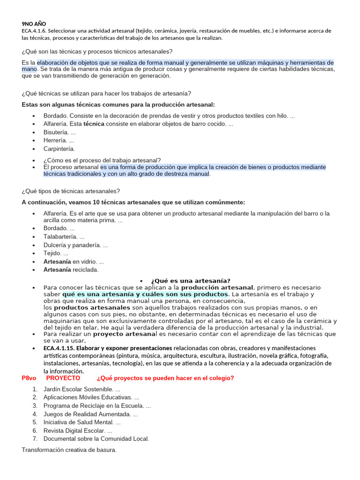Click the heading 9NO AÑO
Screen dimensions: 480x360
coord(34,24)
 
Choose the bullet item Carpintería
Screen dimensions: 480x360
coord(59,149)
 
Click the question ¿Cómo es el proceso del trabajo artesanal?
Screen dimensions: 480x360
coord(102,160)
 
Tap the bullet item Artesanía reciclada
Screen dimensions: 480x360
coord(71,270)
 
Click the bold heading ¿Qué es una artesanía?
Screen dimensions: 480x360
coord(190,280)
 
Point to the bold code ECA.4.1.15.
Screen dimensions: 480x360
coord(59,348)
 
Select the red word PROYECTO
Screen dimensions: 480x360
coord(63,378)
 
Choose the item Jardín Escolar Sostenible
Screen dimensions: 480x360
coord(82,389)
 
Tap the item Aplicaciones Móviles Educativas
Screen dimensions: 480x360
coord(91,397)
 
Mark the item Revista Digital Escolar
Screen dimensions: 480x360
coord(78,430)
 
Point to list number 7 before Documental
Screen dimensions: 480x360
coord(35,439)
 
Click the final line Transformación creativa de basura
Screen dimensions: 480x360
coord(69,450)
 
